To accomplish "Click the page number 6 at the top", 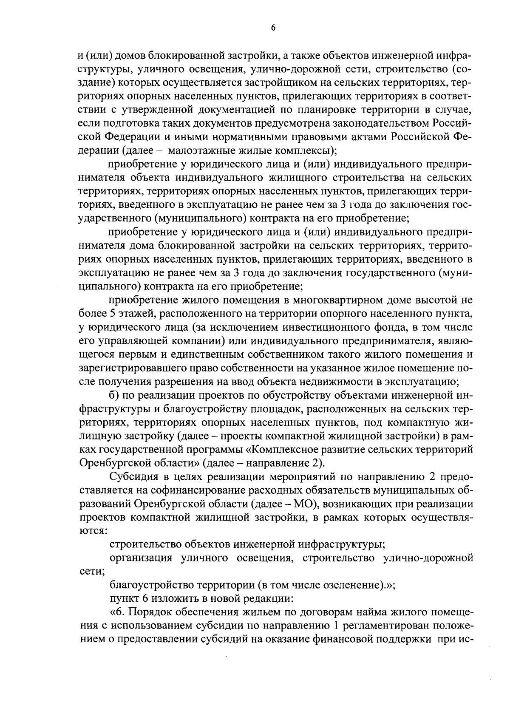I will click(273, 28).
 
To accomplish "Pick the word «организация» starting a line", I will click(141, 558).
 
